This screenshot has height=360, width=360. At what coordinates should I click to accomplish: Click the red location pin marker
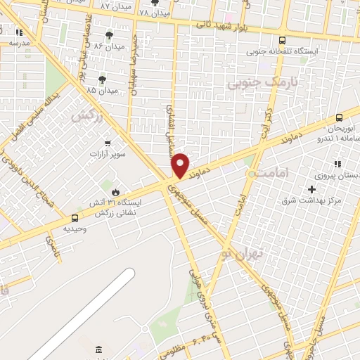(x=181, y=165)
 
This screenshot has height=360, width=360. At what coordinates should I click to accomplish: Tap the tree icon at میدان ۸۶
(x=108, y=35)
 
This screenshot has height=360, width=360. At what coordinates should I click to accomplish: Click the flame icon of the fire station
(x=115, y=191)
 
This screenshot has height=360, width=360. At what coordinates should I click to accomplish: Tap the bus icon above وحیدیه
(x=75, y=218)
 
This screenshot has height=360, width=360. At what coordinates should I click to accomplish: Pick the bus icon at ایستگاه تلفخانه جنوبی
(x=282, y=40)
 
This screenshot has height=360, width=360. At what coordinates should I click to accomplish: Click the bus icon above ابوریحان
(x=339, y=117)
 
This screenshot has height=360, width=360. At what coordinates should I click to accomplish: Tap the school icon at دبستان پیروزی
(x=337, y=164)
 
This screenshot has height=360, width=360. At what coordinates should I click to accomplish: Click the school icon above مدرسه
(x=19, y=32)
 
